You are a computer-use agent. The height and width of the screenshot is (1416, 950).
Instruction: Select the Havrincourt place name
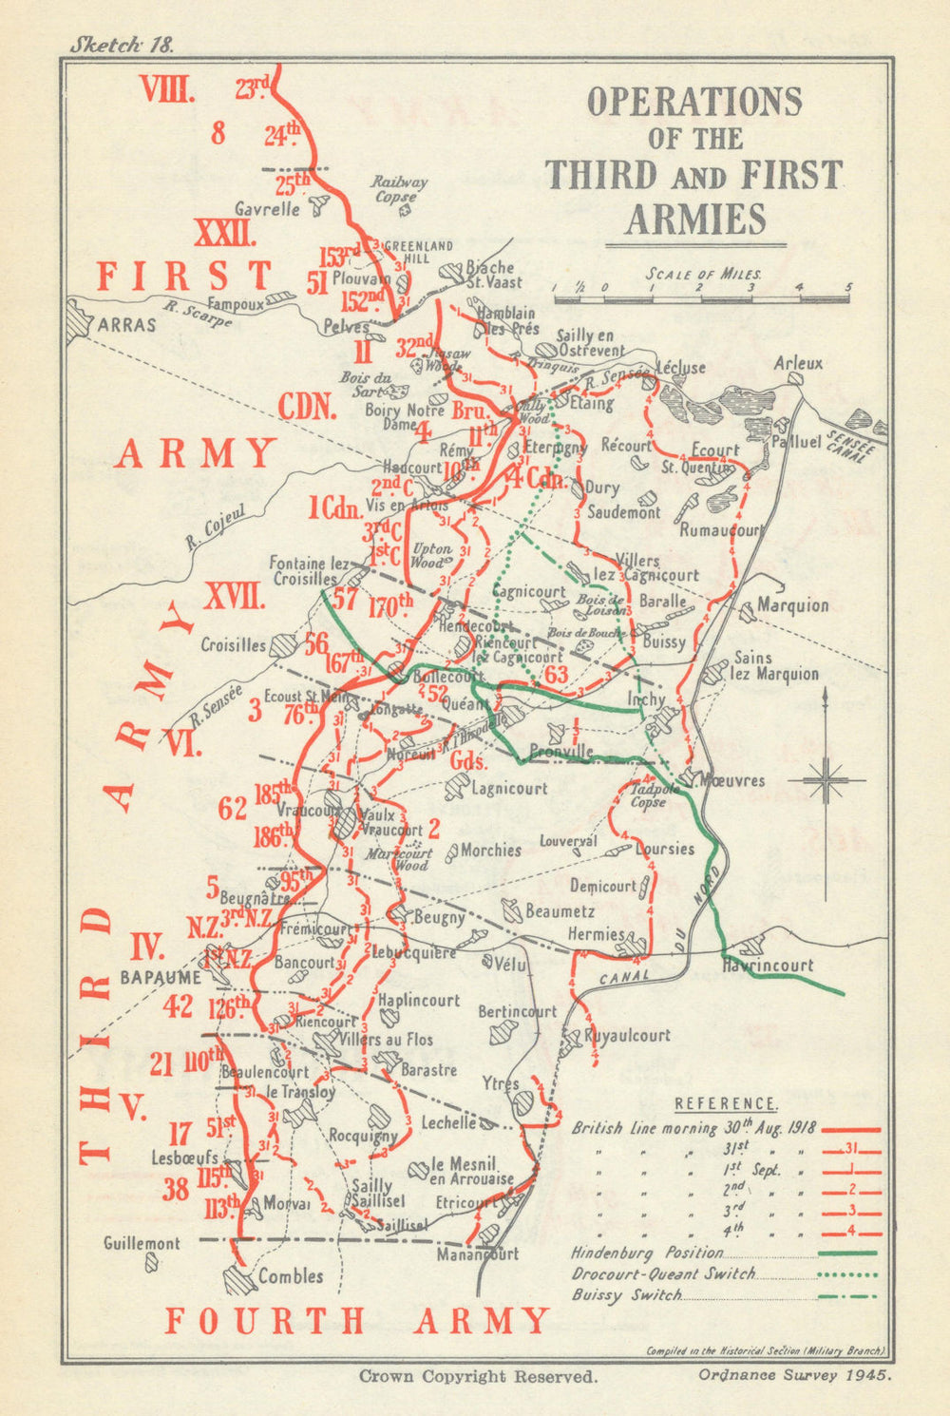[x=768, y=965]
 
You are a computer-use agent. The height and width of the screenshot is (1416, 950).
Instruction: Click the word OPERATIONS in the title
[x=694, y=102]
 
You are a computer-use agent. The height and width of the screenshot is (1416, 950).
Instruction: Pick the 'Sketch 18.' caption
[x=120, y=45]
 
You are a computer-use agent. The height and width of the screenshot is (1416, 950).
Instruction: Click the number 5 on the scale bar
[x=847, y=287]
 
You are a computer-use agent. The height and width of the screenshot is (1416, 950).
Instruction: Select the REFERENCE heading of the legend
[x=726, y=1104]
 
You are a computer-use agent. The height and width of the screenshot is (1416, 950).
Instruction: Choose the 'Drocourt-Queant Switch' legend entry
[x=663, y=1273]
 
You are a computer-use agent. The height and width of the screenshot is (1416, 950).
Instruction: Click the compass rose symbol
[x=826, y=780]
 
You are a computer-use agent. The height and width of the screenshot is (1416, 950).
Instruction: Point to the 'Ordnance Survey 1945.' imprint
[x=793, y=1373]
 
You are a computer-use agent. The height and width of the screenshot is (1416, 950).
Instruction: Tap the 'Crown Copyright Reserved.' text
[x=478, y=1375]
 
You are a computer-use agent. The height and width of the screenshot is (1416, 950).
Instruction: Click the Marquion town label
[x=792, y=605]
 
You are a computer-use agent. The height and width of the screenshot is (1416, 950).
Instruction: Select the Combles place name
[x=291, y=1276]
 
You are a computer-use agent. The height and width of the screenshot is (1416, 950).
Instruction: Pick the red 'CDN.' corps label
[x=308, y=407]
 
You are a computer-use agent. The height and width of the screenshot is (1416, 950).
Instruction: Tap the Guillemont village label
[x=142, y=1243]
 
